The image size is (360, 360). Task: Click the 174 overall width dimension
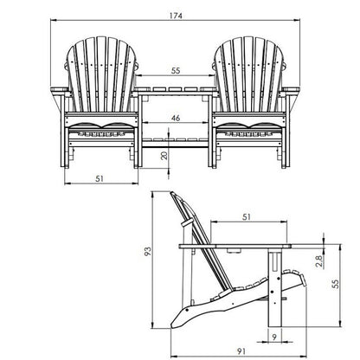coord(176,16)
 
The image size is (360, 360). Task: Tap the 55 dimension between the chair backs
coord(176,71)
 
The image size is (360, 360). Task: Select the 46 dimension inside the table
coord(176,118)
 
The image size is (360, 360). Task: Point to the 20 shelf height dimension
coord(164,156)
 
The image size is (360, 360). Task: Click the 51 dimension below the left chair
coord(100,179)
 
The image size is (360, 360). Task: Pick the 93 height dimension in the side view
coord(147,251)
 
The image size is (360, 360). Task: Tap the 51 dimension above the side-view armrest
coord(247,216)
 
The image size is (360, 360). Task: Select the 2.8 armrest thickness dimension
coord(319,261)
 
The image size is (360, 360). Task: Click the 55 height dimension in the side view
coord(336,284)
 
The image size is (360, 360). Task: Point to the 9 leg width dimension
coord(274,337)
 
